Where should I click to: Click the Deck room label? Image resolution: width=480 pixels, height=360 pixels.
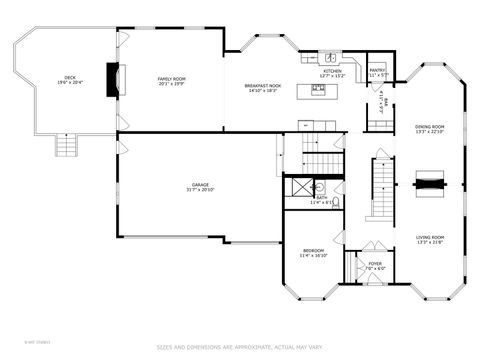[69, 80]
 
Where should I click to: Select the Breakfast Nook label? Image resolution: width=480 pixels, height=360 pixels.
[263, 88]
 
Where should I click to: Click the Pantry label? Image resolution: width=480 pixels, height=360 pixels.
[377, 72]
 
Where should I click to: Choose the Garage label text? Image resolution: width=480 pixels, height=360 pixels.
[201, 187]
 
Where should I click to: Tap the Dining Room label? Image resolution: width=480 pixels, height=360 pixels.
[430, 129]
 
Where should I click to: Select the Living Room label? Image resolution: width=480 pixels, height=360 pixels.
[430, 239]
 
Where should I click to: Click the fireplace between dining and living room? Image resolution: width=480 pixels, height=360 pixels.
[430, 184]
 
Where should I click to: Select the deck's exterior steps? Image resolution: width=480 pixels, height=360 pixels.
[67, 146]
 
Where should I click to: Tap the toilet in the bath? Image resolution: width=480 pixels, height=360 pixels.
[336, 201]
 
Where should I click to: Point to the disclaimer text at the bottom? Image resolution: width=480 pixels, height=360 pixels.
[240, 347]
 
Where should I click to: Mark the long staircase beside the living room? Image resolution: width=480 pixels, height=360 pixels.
[382, 190]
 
